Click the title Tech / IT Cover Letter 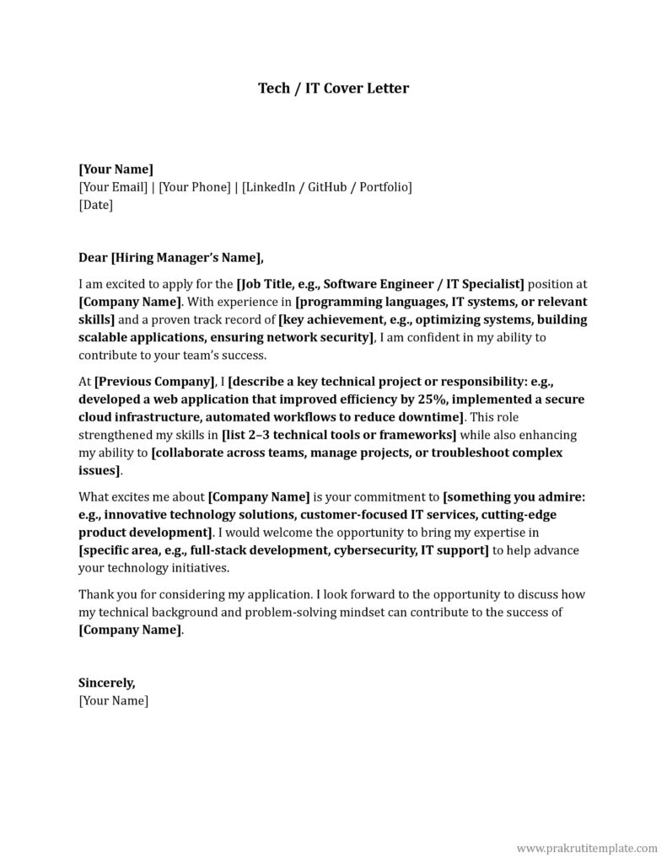(x=333, y=88)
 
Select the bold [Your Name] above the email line (x=116, y=169)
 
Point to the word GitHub (x=331, y=187)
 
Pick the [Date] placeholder (x=95, y=205)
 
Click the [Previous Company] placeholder (x=154, y=382)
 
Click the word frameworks (x=416, y=435)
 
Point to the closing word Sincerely (x=106, y=683)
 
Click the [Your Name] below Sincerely (x=113, y=700)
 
